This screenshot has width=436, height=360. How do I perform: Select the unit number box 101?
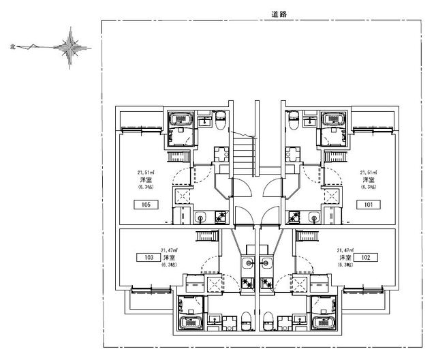pos(368,204)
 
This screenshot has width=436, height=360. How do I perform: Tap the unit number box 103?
pos(148,258)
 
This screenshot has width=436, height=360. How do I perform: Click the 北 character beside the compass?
pos(12,47)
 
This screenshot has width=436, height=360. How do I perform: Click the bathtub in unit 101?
pos(334,119)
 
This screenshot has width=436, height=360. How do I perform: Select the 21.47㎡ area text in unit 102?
pos(345,252)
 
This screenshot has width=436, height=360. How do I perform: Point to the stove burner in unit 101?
pos(295,217)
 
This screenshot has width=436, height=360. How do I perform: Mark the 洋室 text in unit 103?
pos(168,258)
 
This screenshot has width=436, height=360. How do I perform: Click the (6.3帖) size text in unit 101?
pos(369,186)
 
